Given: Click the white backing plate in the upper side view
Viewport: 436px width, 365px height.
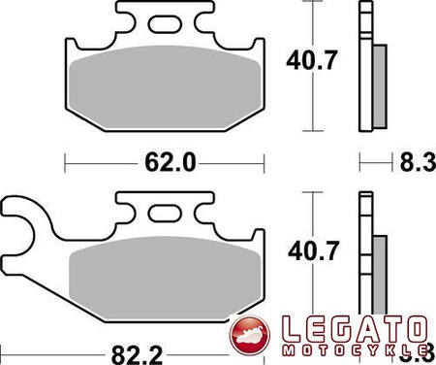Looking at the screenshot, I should (x=365, y=68).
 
